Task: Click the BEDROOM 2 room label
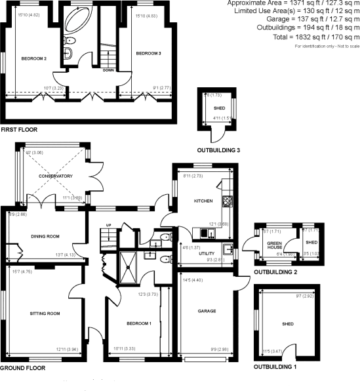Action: [35, 58]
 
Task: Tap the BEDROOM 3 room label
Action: [149, 53]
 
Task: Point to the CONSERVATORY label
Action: [56, 176]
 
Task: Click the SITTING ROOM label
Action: [45, 314]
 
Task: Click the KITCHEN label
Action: [203, 201]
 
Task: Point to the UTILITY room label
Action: [207, 253]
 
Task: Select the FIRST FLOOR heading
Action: [19, 130]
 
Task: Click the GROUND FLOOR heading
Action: [23, 369]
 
